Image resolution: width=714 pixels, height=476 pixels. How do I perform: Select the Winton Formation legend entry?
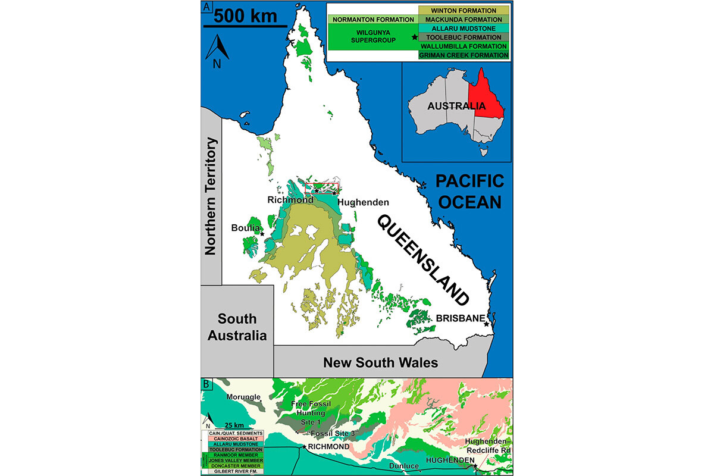coord(464,11)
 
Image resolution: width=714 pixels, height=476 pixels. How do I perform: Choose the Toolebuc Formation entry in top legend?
coord(464,37)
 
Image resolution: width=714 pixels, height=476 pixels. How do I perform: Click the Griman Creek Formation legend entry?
coord(464,55)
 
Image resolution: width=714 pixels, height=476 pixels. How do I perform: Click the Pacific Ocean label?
coord(469,191)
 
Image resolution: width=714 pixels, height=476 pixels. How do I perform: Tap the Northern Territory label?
coord(211,196)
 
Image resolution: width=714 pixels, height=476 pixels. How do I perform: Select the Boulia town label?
coord(246,228)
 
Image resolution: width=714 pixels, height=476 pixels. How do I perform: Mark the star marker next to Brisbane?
coord(487,324)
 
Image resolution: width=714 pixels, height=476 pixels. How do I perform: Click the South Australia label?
coord(237,327)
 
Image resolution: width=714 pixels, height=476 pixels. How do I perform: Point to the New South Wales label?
coord(380,362)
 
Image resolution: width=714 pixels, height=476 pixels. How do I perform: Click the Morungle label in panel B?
coord(243,397)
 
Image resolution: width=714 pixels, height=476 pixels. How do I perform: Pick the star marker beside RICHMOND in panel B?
coord(305,447)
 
